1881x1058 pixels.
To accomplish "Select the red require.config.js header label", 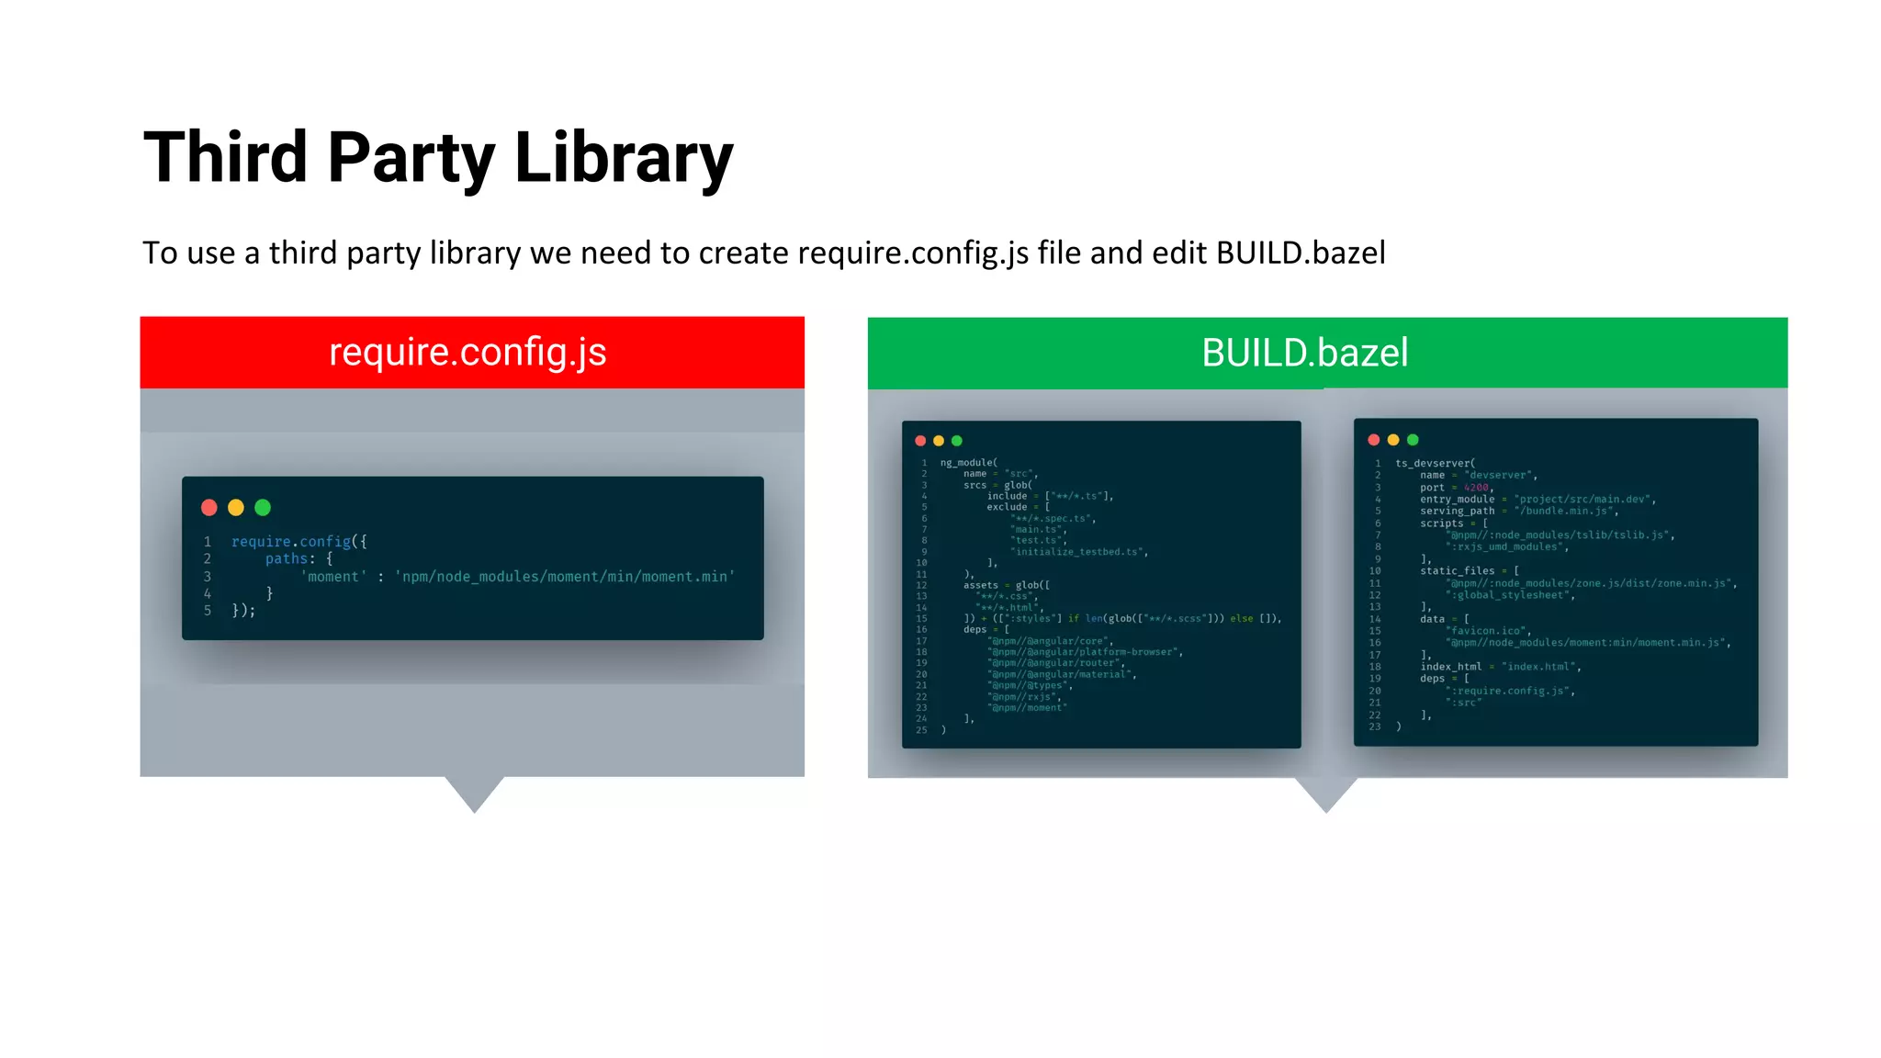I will [467, 353].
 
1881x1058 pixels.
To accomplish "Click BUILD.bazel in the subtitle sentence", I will [1301, 253].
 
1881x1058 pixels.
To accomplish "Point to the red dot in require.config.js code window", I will [209, 507].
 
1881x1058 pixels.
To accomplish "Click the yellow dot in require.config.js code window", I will [236, 507].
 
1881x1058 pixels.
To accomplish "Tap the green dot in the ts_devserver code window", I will [1413, 440].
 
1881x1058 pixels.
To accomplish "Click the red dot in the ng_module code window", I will [920, 441].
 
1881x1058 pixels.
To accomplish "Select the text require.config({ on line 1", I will [298, 542].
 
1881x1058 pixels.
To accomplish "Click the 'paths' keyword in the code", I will [287, 558].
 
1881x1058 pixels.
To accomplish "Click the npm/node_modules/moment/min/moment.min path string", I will [565, 577].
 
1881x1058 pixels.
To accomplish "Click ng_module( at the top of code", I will [968, 463].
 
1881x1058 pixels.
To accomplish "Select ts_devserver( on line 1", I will [1435, 464].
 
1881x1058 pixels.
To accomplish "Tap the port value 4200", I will [1476, 488].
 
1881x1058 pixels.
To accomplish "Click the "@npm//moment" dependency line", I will [1027, 708].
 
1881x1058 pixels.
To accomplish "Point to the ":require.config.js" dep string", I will [1509, 691].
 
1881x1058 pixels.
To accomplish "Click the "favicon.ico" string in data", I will [1487, 631].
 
